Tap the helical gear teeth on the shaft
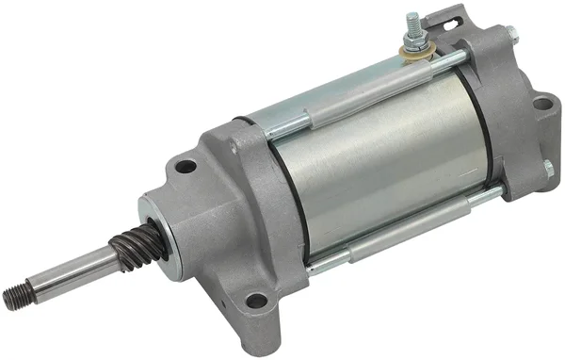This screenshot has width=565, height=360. [x=128, y=249]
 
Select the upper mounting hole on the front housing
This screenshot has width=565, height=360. [x=186, y=167]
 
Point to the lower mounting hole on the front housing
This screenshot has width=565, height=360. [x=255, y=302]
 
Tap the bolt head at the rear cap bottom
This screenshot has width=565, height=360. [x=547, y=170]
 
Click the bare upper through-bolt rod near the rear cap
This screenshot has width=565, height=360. [x=443, y=66]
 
